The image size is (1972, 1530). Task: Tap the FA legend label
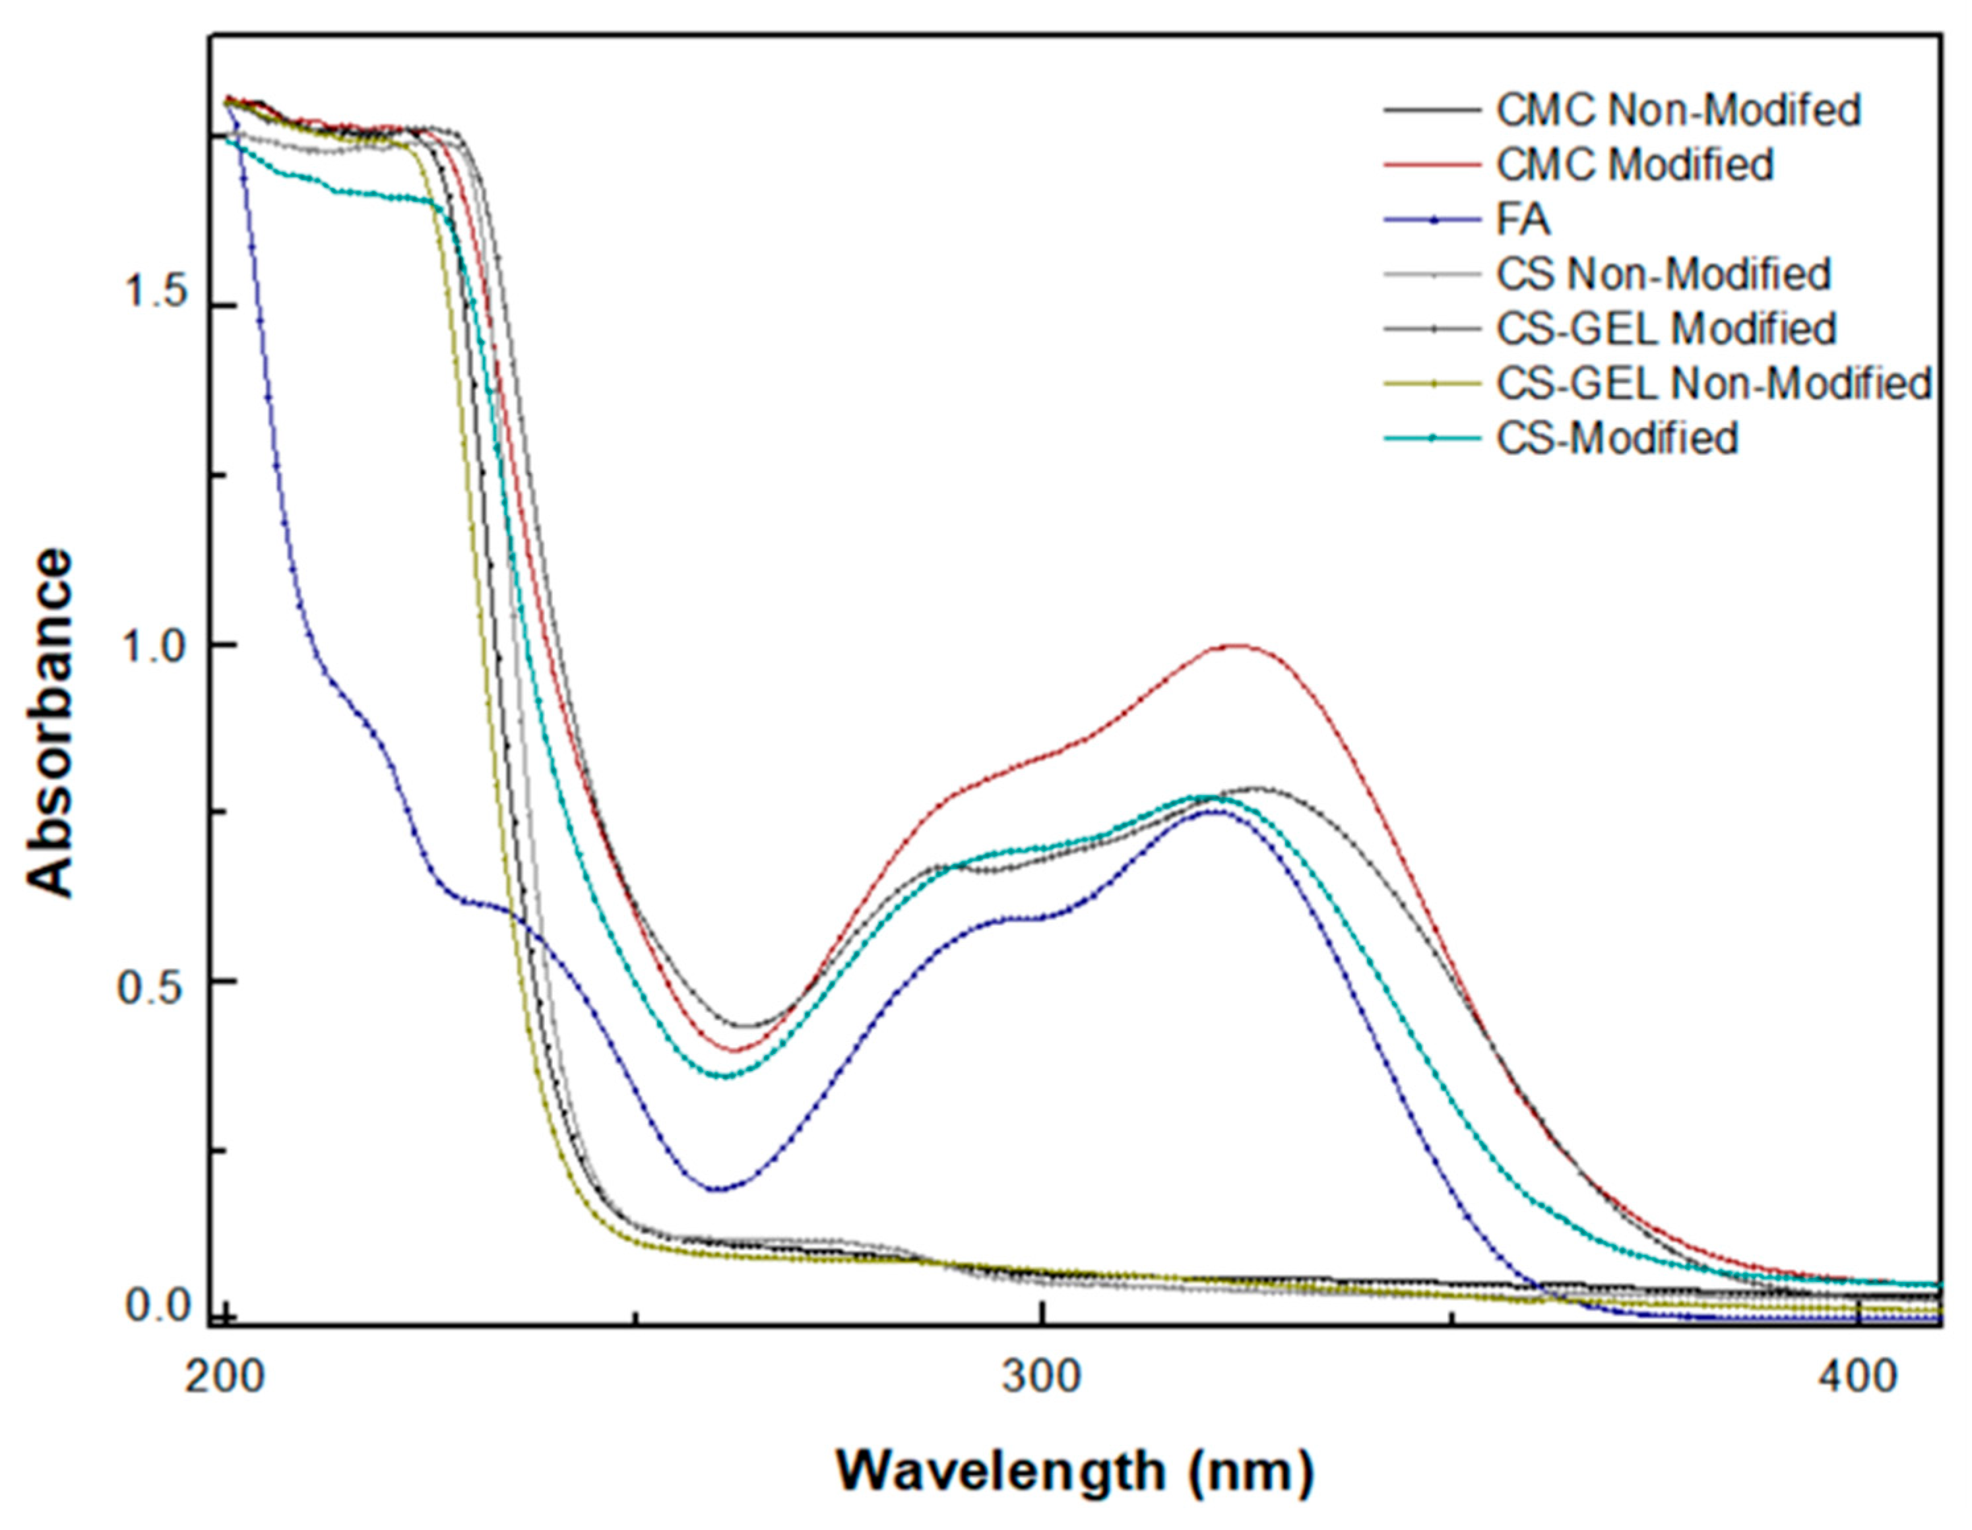[x=1523, y=220]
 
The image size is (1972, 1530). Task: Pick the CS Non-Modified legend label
[x=1663, y=274]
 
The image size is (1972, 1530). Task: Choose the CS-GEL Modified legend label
[x=1666, y=328]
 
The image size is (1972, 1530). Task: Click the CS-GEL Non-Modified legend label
[x=1713, y=384]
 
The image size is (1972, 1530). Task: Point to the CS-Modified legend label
[x=1617, y=439]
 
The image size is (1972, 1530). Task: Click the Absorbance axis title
[x=49, y=723]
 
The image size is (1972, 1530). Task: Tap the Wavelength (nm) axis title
[x=1075, y=1472]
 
